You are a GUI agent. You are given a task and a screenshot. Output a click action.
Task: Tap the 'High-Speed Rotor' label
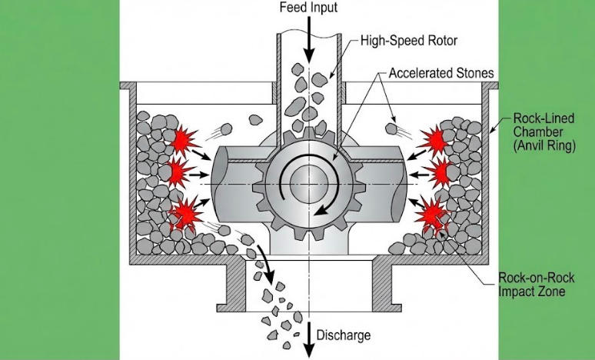[x=404, y=41]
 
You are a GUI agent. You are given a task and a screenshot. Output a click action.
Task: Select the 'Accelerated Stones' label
[x=440, y=74]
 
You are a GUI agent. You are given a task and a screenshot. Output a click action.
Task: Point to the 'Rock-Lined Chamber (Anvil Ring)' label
[x=543, y=132]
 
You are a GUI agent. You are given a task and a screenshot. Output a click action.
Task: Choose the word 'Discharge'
[x=344, y=335]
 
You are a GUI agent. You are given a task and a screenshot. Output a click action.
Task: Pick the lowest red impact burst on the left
[x=184, y=211]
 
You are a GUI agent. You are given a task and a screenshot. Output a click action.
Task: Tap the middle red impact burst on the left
[x=178, y=171]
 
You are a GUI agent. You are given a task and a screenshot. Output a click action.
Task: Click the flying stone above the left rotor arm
[x=227, y=129]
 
